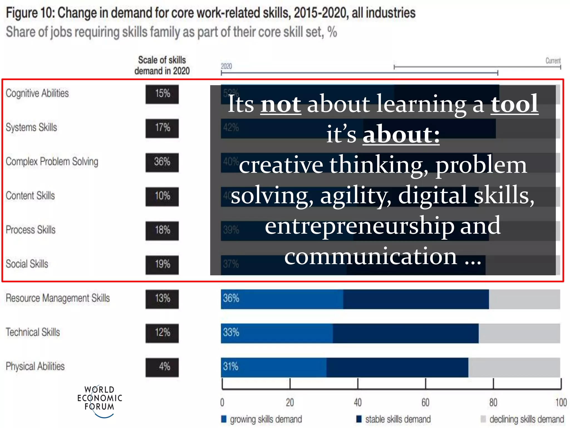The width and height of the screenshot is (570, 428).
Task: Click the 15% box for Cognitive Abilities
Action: (x=162, y=94)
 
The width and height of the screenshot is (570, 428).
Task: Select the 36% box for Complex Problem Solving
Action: (x=162, y=162)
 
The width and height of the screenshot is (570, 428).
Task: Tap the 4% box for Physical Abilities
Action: (x=162, y=367)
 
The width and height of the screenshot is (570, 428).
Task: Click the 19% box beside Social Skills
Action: (x=162, y=265)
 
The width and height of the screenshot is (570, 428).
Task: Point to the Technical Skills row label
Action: (x=33, y=332)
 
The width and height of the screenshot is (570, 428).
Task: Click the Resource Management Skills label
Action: (x=58, y=298)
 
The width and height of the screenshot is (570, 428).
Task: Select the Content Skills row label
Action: (x=30, y=196)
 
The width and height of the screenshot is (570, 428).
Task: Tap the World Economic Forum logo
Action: (x=99, y=401)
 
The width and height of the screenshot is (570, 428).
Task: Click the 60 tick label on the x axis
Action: (x=425, y=403)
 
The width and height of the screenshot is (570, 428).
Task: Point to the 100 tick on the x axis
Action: (x=561, y=403)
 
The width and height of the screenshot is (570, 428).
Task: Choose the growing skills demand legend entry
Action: (x=262, y=419)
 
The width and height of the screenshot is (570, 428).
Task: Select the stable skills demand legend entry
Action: (x=394, y=419)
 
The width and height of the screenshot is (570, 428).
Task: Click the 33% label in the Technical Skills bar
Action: (x=231, y=332)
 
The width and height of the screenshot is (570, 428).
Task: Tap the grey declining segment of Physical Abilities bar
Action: (x=514, y=367)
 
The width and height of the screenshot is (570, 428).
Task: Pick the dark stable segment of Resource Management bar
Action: (x=416, y=299)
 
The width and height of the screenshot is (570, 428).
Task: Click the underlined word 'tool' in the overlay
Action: (x=514, y=104)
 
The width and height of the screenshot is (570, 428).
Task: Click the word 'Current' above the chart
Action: (x=553, y=61)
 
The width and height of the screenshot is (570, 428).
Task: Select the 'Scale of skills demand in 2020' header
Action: (x=162, y=65)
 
